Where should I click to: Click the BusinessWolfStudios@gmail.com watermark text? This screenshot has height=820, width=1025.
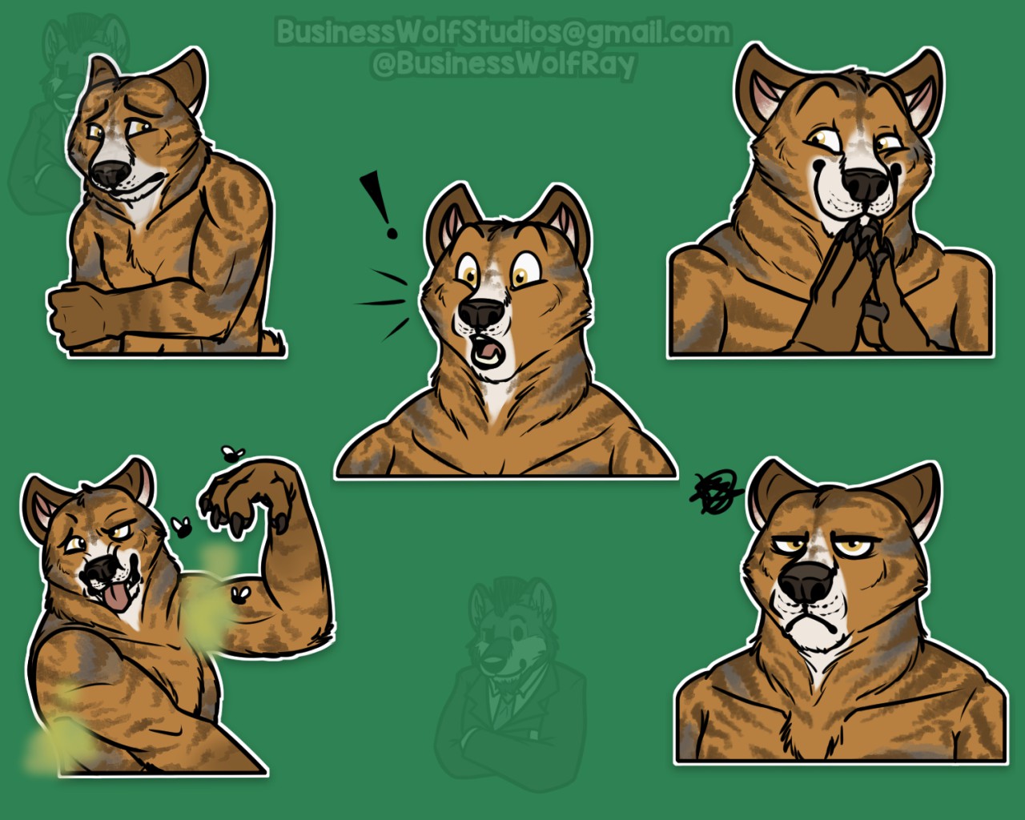503,32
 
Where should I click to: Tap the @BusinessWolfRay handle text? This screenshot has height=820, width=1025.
504,65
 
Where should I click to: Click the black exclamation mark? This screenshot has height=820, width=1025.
379,205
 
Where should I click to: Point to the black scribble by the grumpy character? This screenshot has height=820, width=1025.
715,492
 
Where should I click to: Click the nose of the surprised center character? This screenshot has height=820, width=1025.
481,314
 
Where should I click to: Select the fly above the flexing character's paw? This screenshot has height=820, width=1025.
233,453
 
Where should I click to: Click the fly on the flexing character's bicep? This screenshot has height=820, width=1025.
241,595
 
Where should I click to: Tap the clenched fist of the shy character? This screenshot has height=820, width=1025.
76,310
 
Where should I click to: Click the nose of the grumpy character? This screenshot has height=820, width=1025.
806,584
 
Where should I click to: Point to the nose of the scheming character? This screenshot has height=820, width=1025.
866,184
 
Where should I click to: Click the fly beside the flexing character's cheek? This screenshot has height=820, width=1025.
182,526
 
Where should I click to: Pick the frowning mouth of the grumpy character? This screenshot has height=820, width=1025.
808,625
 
